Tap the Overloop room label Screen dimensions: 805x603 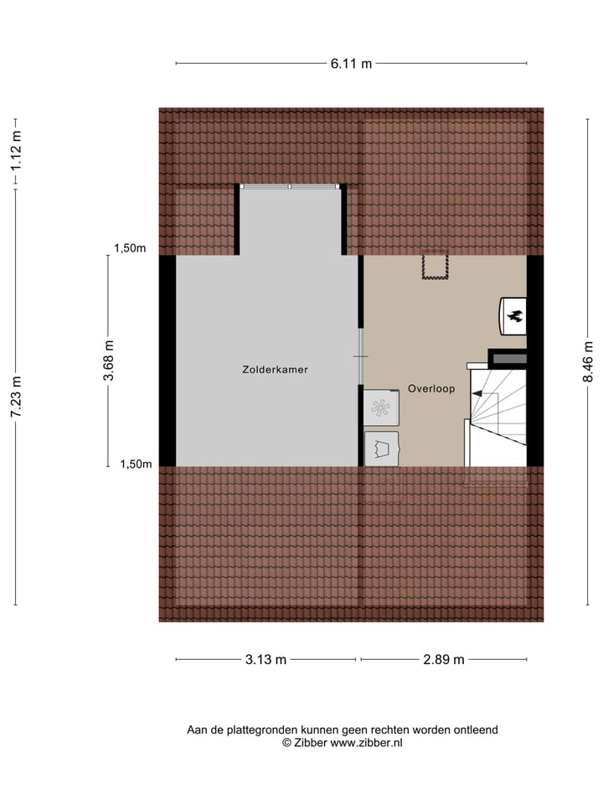point(431,388)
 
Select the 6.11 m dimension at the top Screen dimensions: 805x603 point(351,64)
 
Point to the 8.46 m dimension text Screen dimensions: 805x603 point(587,365)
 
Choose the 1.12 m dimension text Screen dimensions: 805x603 point(16,153)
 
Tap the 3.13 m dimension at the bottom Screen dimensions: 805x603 point(265,659)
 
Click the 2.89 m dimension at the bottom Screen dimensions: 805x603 point(443,659)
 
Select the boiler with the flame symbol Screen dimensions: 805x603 point(513,316)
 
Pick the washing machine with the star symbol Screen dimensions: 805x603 point(382,408)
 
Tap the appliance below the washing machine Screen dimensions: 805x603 point(382,447)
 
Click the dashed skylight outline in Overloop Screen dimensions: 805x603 point(435,266)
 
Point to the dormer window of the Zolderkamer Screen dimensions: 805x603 point(291,186)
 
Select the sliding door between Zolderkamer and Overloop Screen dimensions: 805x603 point(361,357)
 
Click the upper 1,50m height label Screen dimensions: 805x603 point(130,247)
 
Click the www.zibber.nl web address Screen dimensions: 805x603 point(366,742)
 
